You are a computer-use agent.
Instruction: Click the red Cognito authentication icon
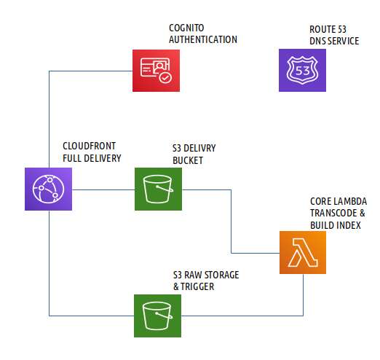coord(156,71)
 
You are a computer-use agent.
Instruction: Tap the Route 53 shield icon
coord(302,70)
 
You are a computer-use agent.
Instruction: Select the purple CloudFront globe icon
coord(48,189)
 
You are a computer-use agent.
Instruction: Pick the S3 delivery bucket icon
coord(158,189)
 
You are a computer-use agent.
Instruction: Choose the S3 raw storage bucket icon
coord(157,316)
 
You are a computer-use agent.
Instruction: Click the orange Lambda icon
coord(303,252)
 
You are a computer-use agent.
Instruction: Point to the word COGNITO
coord(186,28)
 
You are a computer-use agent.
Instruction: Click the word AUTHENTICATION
coord(203,39)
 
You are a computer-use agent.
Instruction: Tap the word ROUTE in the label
coord(322,29)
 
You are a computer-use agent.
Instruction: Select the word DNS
coord(318,41)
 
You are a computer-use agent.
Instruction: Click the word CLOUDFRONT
coord(90,146)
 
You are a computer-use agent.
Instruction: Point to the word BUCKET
coord(188,160)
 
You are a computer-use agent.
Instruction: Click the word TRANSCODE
coord(333,213)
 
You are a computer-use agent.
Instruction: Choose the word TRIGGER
coord(197,286)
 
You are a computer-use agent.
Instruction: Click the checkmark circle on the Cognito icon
coord(165,77)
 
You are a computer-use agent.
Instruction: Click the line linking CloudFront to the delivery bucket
coord(103,189)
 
